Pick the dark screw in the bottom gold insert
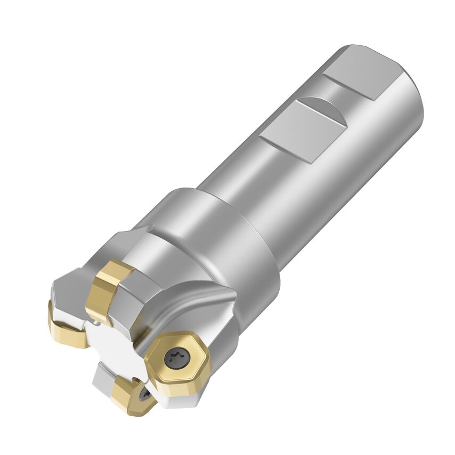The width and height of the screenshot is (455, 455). point(144,394)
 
